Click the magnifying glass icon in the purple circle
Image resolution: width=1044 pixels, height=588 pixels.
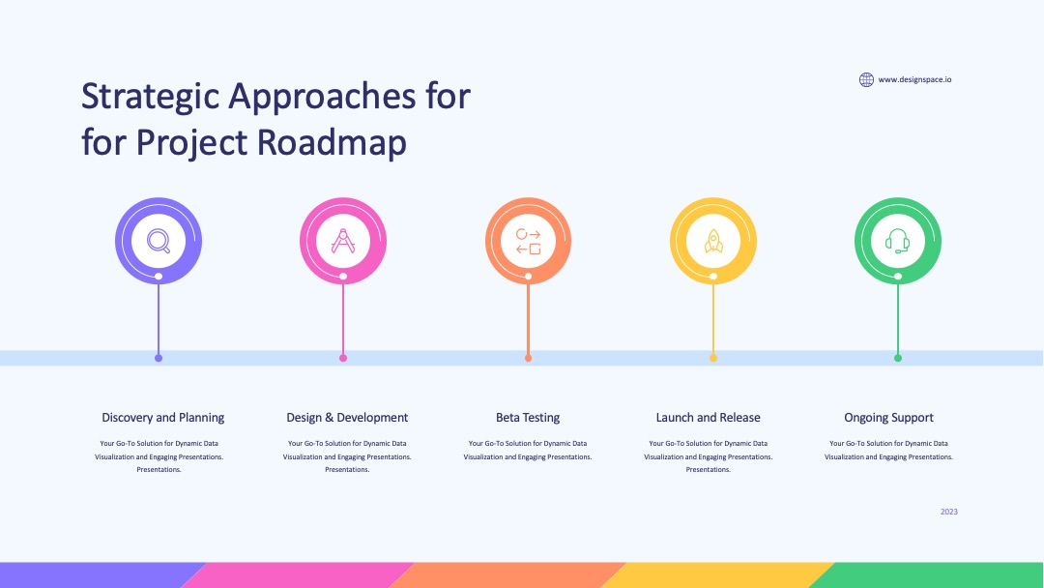pyautogui.click(x=159, y=241)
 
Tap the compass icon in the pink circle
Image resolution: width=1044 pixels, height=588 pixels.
pyautogui.click(x=343, y=241)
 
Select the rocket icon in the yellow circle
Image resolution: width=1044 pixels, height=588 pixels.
pyautogui.click(x=713, y=241)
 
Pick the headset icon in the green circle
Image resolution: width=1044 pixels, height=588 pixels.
pyautogui.click(x=897, y=241)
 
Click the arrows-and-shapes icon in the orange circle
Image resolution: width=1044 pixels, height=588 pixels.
pyautogui.click(x=528, y=241)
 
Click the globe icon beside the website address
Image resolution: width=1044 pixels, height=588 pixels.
pyautogui.click(x=866, y=80)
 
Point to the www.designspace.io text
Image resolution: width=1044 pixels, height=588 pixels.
pyautogui.click(x=914, y=80)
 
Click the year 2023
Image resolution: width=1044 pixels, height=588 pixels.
pyautogui.click(x=949, y=512)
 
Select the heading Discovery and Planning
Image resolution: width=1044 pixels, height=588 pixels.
pyautogui.click(x=163, y=418)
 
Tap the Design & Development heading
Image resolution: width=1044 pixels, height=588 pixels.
pyautogui.click(x=347, y=418)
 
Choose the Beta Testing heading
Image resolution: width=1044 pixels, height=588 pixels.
pyautogui.click(x=528, y=418)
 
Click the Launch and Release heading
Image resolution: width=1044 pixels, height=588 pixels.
pyautogui.click(x=708, y=418)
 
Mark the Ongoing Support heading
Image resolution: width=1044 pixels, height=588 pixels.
pyautogui.click(x=889, y=418)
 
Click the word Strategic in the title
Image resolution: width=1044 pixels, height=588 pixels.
pyautogui.click(x=151, y=98)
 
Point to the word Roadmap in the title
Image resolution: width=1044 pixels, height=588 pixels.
pyautogui.click(x=332, y=142)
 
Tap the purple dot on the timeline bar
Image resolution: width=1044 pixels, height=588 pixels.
pyautogui.click(x=159, y=358)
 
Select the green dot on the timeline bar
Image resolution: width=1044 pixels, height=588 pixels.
pyautogui.click(x=897, y=358)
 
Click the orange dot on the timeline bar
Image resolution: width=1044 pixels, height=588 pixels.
pyautogui.click(x=528, y=358)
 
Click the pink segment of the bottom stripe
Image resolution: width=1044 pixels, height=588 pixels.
pyautogui.click(x=297, y=575)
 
